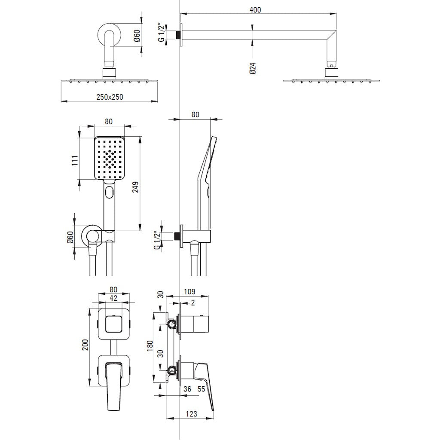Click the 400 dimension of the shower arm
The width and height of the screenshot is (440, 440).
tap(255, 10)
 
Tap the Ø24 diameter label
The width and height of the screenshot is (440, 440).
tap(253, 68)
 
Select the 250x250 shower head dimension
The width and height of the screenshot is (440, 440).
tap(110, 97)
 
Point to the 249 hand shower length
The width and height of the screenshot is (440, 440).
tap(135, 188)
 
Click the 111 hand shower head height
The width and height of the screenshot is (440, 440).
tap(75, 160)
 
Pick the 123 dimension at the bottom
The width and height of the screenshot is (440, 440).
tap(191, 414)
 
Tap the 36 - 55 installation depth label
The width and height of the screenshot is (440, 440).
tap(194, 389)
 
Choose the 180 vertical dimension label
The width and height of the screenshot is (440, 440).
tap(150, 346)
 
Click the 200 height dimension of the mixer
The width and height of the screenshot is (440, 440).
tap(86, 345)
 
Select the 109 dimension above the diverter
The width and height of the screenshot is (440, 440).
tap(189, 292)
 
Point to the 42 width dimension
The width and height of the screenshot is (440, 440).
tap(113, 298)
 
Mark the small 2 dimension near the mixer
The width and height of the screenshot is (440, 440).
tap(192, 303)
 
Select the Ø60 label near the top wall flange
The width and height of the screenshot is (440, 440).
tap(137, 36)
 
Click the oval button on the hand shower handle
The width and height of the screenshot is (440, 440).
tap(109, 192)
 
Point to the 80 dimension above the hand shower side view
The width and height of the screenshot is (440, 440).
tap(196, 114)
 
